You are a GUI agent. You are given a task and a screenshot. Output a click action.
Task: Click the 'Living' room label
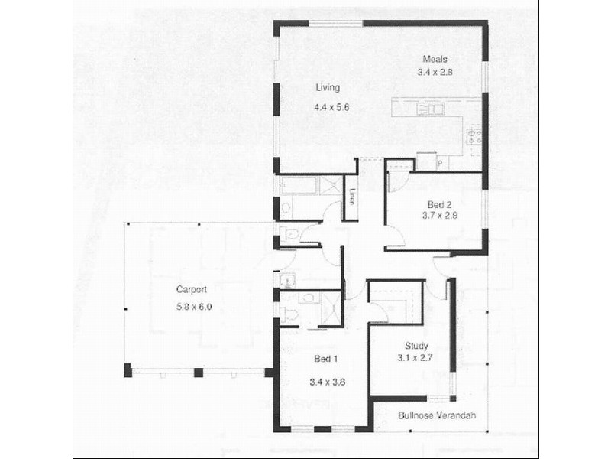pos(328,87)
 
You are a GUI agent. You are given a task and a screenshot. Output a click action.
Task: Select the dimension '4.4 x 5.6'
pos(331,108)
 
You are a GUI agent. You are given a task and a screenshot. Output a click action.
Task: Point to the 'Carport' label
pos(192,289)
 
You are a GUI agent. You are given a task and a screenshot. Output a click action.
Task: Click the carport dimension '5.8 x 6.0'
pos(193,306)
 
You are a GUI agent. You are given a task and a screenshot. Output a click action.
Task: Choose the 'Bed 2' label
pos(439,203)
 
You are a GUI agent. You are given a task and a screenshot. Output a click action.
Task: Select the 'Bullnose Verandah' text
pos(437,416)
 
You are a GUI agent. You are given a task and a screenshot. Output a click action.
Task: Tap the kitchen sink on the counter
pos(431,109)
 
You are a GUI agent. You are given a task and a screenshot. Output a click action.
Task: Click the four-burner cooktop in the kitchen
pos(474,138)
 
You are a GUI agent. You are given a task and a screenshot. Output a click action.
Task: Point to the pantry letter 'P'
pos(441,164)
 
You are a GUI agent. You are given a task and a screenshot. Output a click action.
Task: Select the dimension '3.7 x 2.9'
pos(439,216)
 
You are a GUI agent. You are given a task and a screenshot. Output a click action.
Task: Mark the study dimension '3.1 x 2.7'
pos(415,357)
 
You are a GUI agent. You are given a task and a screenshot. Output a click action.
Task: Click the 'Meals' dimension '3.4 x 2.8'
pos(435,73)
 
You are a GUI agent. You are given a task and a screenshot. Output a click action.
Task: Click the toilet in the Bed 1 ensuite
pos(290,314)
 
